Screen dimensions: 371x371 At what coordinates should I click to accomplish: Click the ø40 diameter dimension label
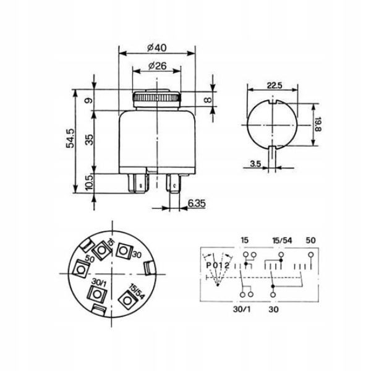tap(157, 48)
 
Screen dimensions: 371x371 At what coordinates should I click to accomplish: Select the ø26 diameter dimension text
tap(157, 66)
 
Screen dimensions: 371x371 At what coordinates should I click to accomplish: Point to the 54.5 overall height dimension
tap(70, 138)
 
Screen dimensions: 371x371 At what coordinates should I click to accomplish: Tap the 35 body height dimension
tap(89, 140)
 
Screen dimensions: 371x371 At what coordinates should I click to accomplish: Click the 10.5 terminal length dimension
tap(89, 183)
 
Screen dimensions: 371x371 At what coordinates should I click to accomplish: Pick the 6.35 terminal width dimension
tap(197, 203)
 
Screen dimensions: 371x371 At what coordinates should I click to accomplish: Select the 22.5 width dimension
tap(275, 85)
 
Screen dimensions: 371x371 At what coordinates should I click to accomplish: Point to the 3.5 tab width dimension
tap(255, 163)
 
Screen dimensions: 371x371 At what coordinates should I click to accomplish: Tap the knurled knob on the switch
tap(157, 98)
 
